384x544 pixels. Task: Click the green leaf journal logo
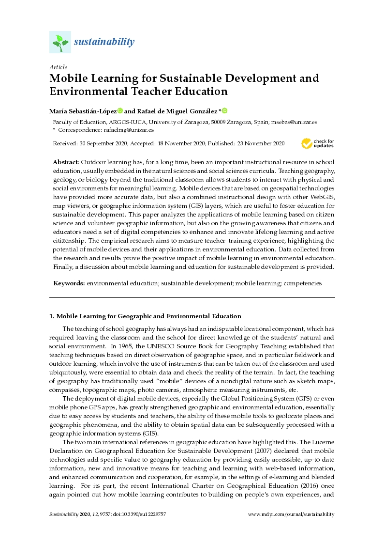(x=60, y=42)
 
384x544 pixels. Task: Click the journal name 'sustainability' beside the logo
(x=104, y=42)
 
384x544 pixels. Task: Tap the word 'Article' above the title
(x=59, y=67)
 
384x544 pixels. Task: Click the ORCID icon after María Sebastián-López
(x=120, y=111)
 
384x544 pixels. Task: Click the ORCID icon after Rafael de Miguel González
(x=224, y=111)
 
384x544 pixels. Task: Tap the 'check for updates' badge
(x=318, y=143)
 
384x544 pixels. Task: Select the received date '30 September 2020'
(x=103, y=143)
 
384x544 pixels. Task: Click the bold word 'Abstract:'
(x=66, y=161)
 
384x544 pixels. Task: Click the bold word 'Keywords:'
(x=69, y=282)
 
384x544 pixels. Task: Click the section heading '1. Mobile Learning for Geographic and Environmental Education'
(x=145, y=316)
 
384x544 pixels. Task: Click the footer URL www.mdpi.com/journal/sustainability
(x=291, y=514)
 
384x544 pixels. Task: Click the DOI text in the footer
(x=145, y=514)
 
